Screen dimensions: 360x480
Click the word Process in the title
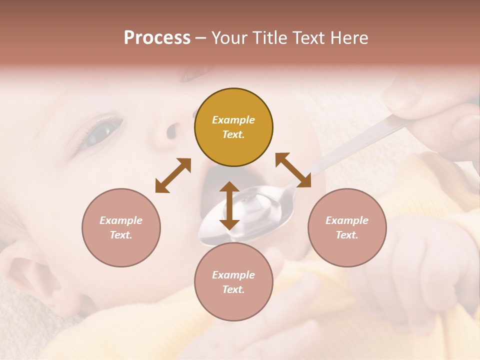tap(157, 37)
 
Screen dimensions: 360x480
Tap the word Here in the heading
tap(348, 37)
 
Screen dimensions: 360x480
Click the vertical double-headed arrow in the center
tap(229, 205)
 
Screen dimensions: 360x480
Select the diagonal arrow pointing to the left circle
tap(173, 175)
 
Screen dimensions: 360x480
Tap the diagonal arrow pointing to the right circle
tap(293, 170)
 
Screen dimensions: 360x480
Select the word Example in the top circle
tap(233, 120)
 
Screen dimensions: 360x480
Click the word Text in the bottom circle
tap(233, 289)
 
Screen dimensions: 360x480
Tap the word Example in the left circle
tap(121, 220)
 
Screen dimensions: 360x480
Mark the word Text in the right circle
tap(347, 235)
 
